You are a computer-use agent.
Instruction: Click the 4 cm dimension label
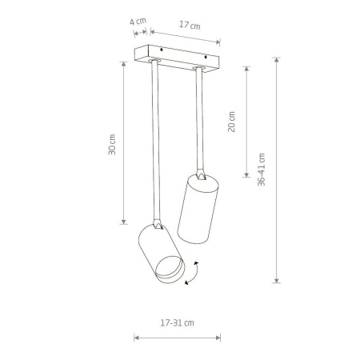(x=138, y=21)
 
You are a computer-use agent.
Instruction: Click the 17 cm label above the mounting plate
(x=190, y=25)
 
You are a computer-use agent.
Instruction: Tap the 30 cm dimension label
(x=112, y=145)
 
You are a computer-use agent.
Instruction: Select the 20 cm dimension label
(x=231, y=122)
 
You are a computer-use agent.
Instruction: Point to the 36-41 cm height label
(x=262, y=170)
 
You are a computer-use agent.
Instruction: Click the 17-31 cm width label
(x=177, y=323)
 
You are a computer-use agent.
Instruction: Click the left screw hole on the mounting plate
(x=161, y=50)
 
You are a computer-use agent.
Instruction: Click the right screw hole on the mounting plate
(x=206, y=57)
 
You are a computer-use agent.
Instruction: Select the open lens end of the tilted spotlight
(x=170, y=270)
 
